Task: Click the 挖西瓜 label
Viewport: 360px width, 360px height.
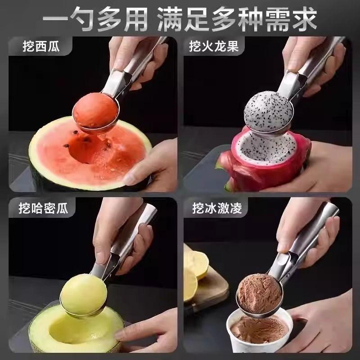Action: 41,46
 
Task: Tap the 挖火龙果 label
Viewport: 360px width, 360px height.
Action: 214,46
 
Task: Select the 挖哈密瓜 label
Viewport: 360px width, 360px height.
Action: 43,208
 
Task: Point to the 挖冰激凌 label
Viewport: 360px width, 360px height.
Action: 217,208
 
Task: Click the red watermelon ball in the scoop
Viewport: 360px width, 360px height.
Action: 96,111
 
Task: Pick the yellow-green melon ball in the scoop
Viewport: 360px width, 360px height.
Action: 84,294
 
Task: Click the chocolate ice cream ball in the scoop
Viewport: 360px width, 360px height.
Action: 260,294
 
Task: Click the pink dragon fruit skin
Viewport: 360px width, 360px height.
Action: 264,170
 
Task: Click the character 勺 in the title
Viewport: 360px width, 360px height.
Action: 81,18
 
